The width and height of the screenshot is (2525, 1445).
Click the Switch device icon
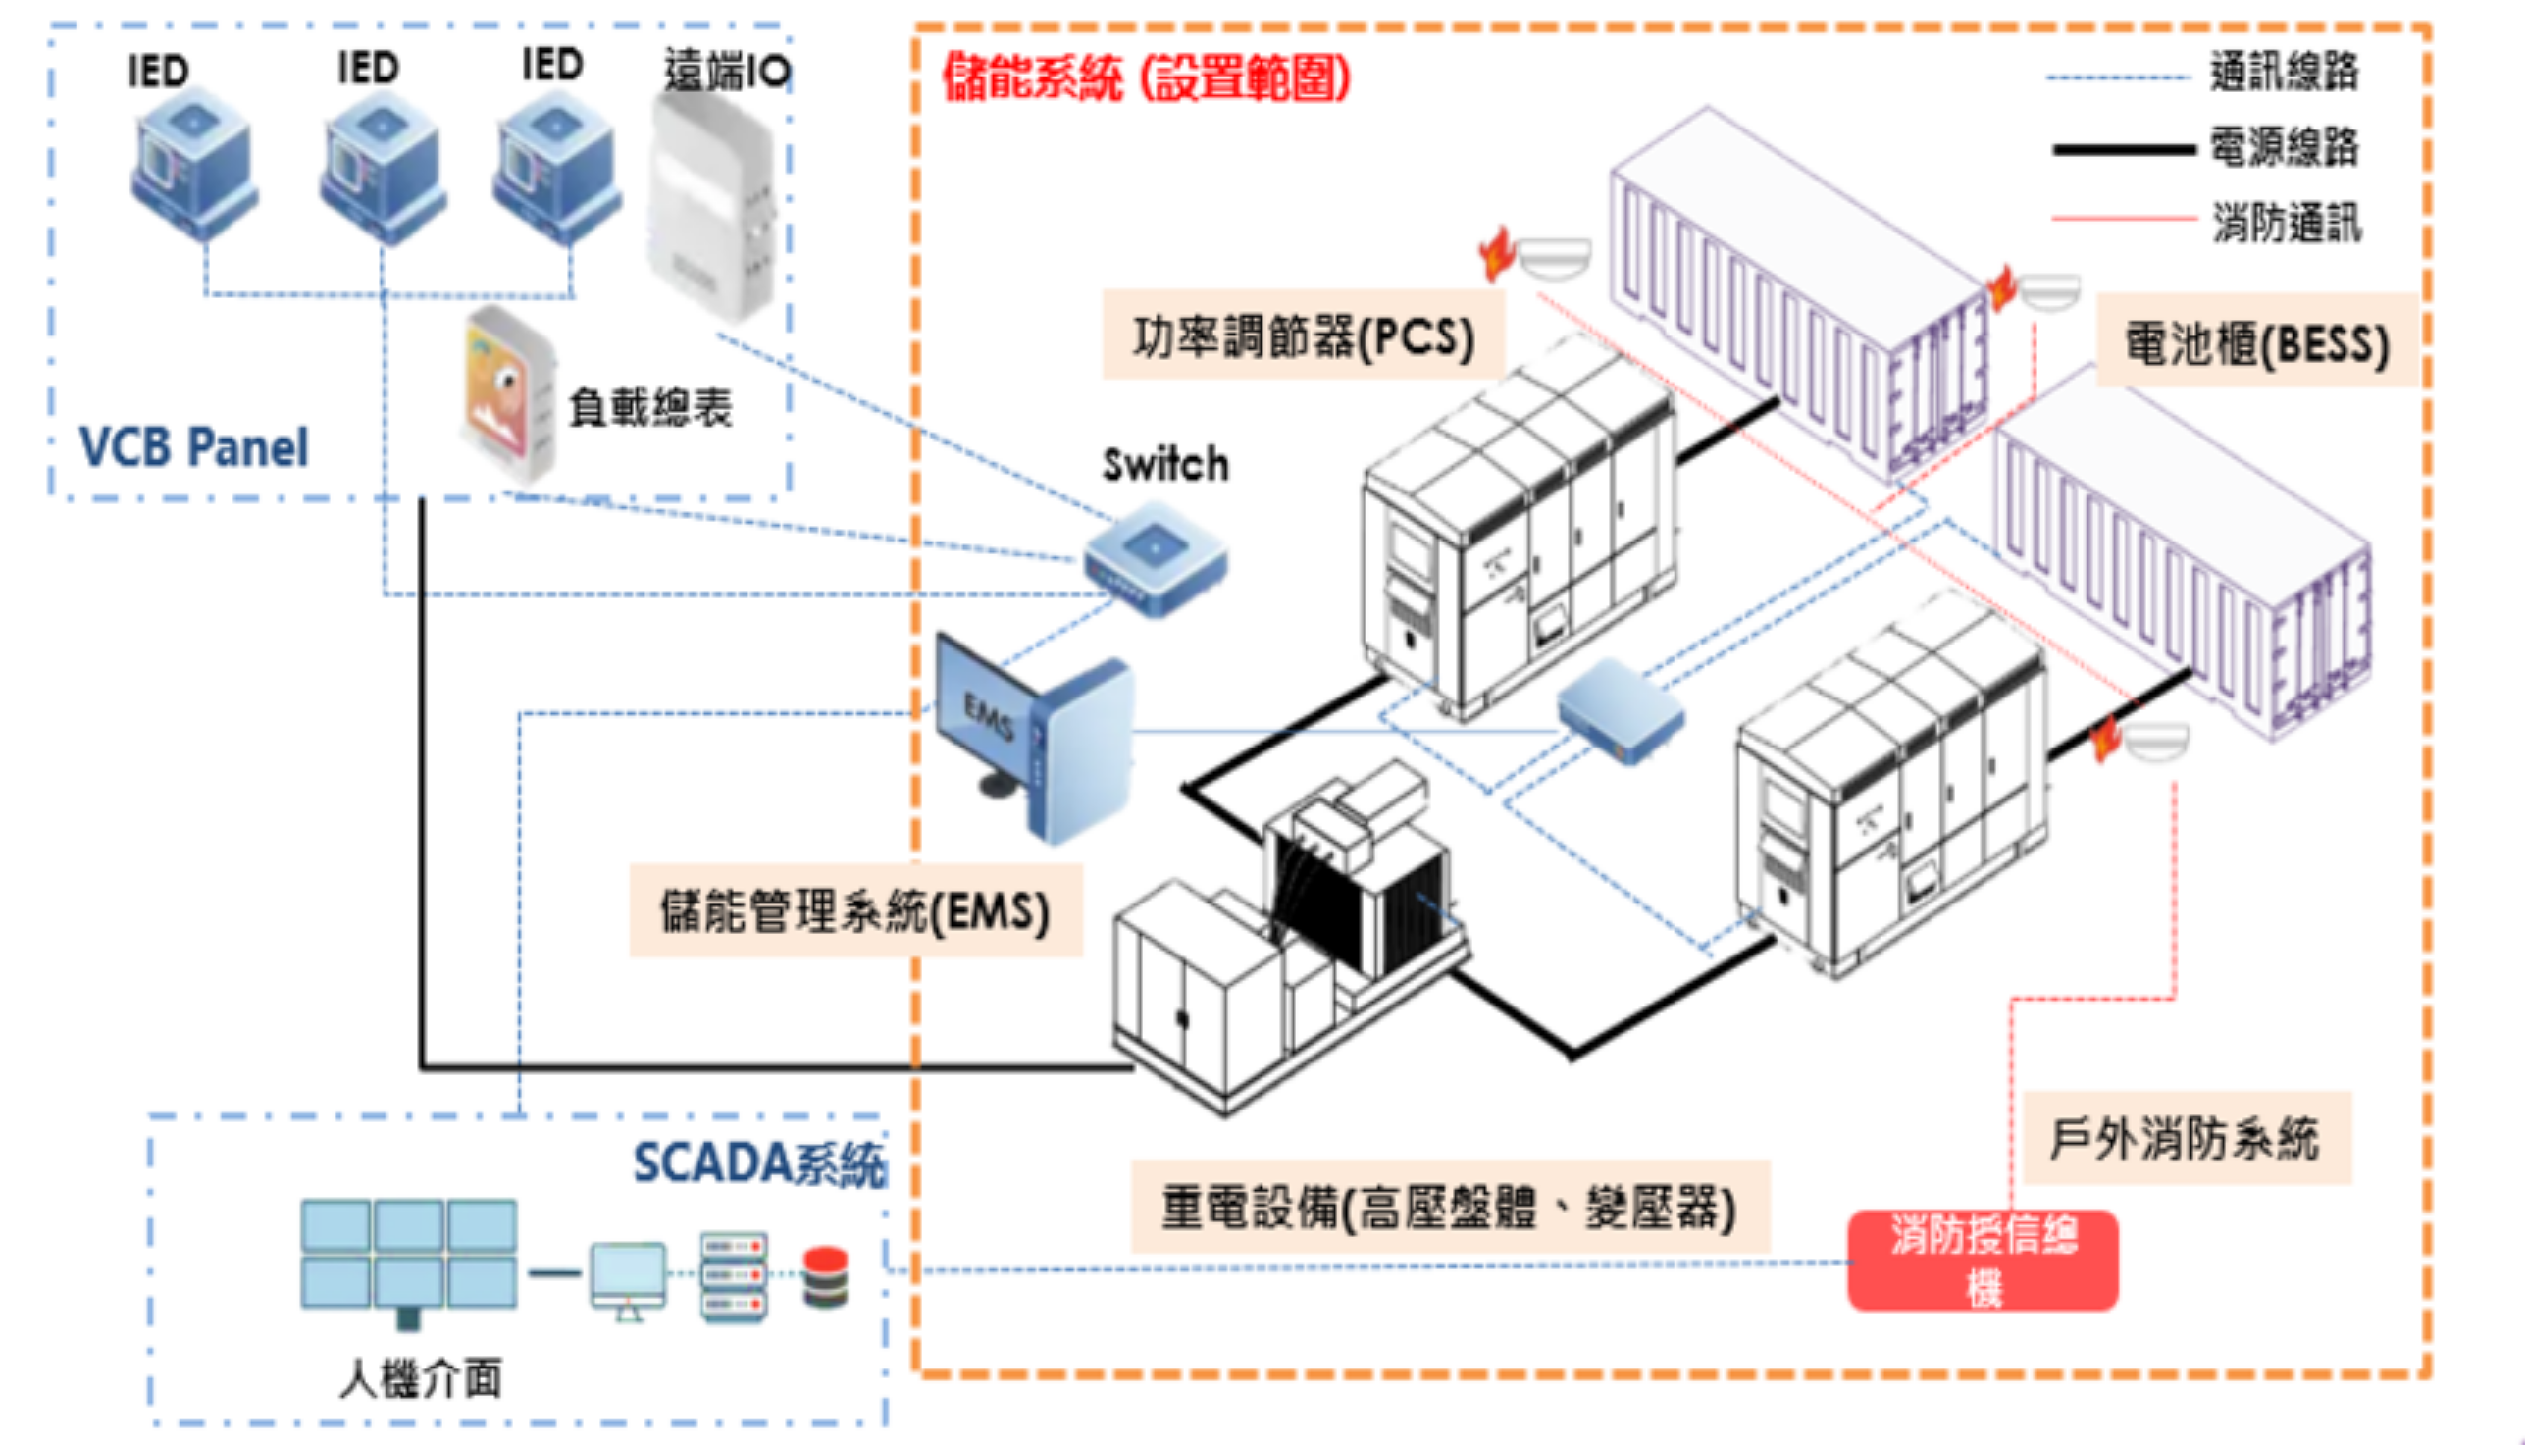(1155, 558)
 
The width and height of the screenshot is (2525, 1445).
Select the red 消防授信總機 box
(1983, 1261)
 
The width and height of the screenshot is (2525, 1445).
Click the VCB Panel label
(193, 447)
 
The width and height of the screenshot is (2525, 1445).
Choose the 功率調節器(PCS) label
(1303, 335)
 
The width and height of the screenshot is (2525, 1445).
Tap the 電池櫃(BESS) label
(2256, 343)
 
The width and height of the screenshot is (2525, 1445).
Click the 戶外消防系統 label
(2185, 1138)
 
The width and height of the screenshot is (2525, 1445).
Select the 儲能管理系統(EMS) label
(854, 910)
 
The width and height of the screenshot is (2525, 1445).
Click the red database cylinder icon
(825, 1277)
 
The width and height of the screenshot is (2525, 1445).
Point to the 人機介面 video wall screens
(409, 1254)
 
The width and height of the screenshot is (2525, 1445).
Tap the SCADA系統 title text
(759, 1162)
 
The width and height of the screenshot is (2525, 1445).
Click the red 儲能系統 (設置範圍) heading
(1146, 77)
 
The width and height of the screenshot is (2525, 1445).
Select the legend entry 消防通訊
(2286, 223)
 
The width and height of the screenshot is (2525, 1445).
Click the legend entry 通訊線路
(2284, 73)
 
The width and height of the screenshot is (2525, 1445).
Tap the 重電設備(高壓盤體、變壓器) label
(1449, 1208)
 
